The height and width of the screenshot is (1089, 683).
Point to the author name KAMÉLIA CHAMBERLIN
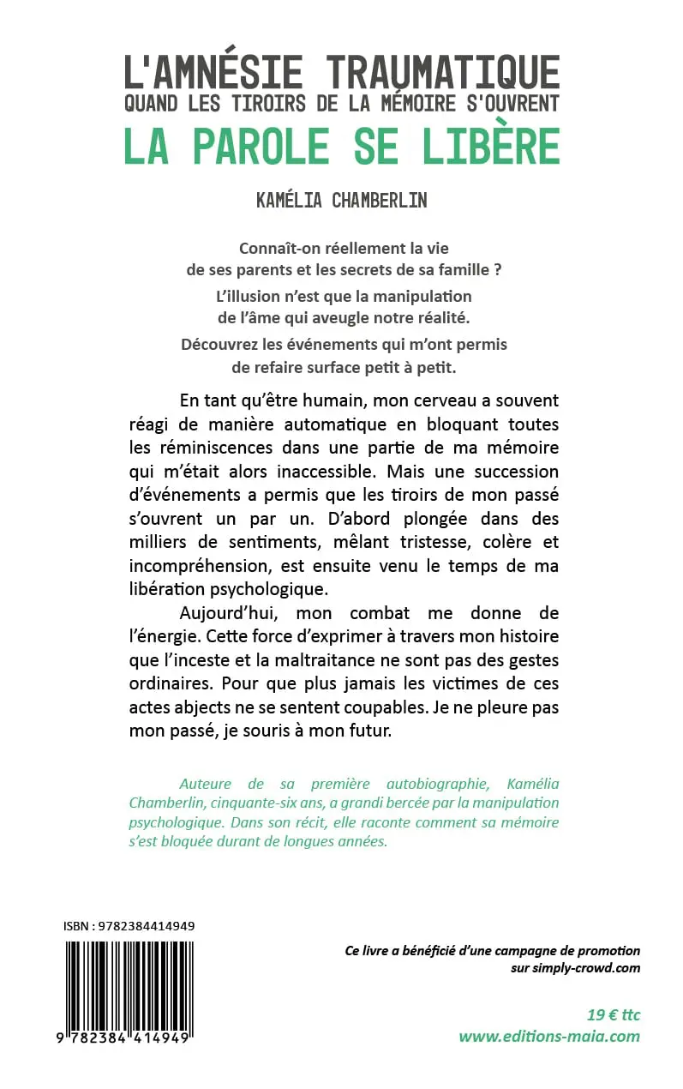coord(342,201)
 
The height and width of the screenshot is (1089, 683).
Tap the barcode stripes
coord(129,986)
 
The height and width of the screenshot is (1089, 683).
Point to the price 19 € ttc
coord(614,1014)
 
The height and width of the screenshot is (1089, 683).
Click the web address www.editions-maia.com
coord(549,1036)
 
